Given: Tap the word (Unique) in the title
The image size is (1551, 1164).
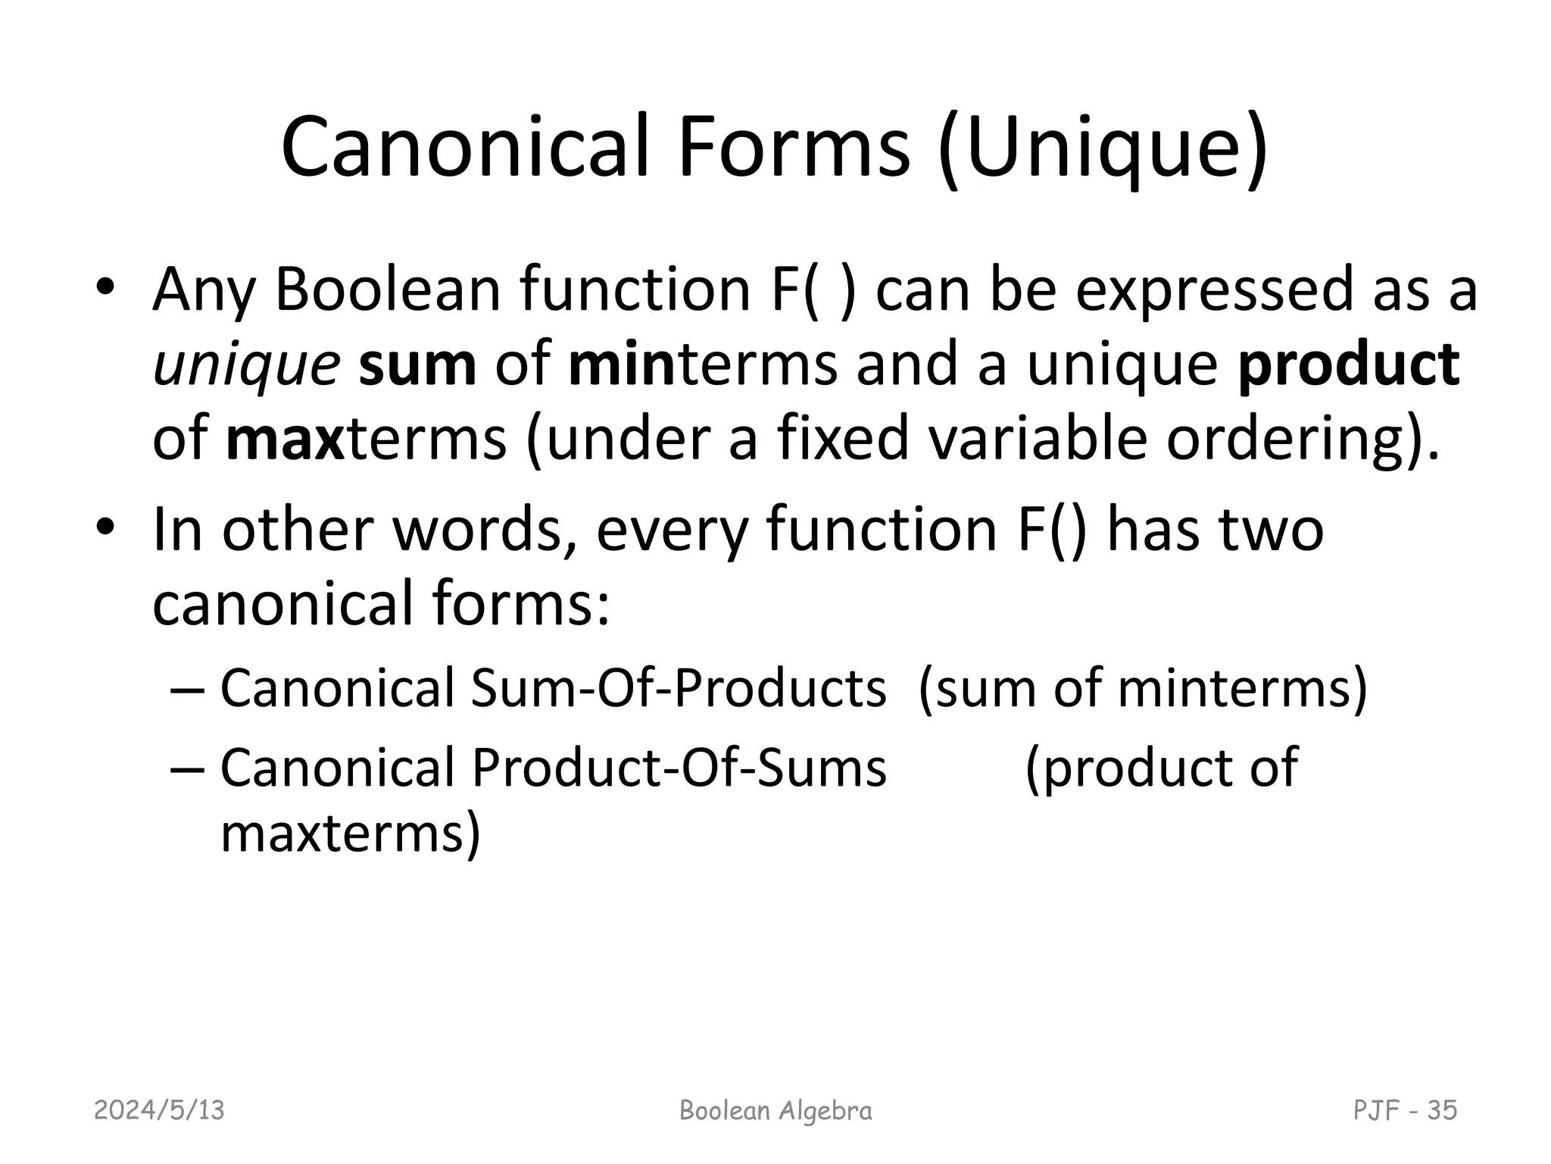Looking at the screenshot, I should [1102, 148].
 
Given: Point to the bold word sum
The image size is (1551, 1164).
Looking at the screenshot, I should [417, 365].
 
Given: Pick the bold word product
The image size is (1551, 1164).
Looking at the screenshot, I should [1348, 365].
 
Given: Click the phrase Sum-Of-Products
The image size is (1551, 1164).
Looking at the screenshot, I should [678, 689].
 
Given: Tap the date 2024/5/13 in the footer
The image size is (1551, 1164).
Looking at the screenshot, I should [159, 1110].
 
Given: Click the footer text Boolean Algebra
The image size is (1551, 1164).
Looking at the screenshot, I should [775, 1110].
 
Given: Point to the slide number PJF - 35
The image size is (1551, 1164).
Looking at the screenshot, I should [1405, 1110].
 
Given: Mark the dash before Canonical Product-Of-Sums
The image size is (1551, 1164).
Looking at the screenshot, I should [186, 768].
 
